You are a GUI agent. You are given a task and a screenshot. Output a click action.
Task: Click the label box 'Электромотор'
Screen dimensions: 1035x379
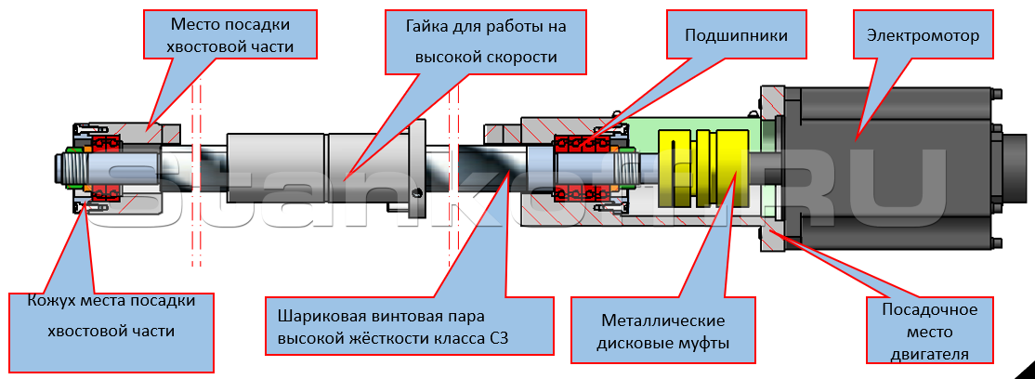click(x=923, y=35)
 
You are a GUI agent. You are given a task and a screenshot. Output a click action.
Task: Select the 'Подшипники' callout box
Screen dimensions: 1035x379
click(x=736, y=35)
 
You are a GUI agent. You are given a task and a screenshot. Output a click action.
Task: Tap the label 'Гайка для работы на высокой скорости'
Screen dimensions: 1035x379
click(x=486, y=42)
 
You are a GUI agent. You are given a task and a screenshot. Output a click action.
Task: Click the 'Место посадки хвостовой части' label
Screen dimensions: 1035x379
click(x=230, y=36)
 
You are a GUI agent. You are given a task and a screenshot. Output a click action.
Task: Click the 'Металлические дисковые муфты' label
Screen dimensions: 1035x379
click(x=662, y=331)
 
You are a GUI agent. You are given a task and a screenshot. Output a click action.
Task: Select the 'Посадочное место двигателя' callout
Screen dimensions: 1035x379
click(x=929, y=331)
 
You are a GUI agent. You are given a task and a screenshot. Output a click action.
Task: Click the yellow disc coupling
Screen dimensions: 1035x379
click(x=703, y=167)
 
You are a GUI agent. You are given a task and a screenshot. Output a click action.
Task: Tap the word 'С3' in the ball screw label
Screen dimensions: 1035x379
click(x=500, y=338)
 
